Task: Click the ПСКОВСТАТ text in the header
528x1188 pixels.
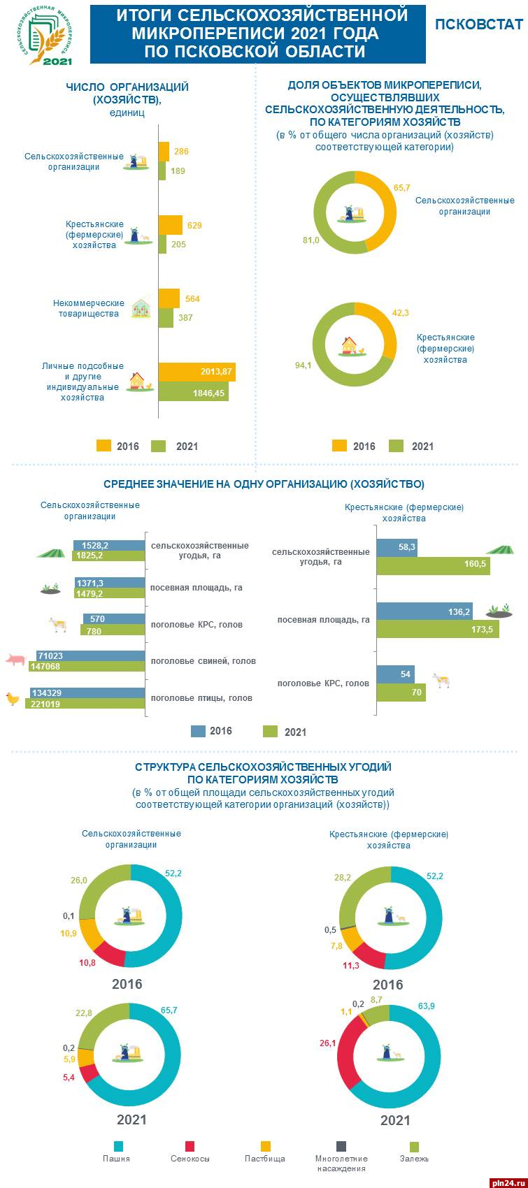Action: click(478, 24)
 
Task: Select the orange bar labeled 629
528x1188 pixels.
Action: click(170, 225)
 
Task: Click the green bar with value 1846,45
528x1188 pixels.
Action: click(193, 393)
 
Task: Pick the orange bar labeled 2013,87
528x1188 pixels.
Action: click(197, 372)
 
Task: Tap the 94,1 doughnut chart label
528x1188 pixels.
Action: click(303, 365)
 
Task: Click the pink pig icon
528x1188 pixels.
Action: click(15, 659)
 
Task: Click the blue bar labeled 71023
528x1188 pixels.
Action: click(90, 656)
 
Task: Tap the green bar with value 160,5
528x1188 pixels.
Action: click(433, 565)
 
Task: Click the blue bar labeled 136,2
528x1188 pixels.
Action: click(424, 612)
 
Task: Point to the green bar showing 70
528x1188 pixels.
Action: click(401, 693)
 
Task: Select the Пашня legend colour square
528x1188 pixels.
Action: click(118, 1147)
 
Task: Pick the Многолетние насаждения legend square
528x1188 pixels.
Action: click(341, 1147)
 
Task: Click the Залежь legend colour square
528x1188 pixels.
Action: click(414, 1147)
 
